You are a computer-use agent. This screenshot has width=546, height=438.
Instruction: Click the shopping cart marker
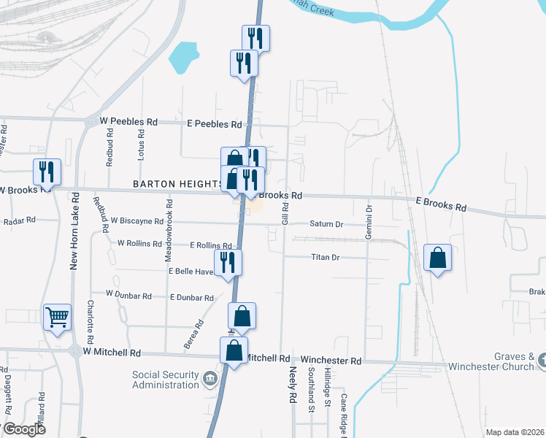point(57,318)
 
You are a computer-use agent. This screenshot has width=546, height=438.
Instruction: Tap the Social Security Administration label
point(165,380)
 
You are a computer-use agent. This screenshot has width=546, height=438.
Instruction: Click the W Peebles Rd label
point(129,121)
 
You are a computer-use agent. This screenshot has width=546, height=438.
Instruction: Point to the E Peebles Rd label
point(214,124)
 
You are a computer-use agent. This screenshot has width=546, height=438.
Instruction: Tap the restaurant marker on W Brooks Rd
point(46,173)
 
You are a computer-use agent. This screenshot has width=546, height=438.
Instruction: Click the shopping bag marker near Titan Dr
point(437,258)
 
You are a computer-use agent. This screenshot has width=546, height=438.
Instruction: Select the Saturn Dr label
point(326,224)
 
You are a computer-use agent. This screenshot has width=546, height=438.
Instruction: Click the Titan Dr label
point(326,257)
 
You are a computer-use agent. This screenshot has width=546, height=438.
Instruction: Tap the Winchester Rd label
point(331,361)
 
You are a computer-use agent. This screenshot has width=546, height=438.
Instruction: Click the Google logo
point(23,429)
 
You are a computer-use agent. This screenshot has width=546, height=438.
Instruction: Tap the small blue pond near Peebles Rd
point(184,57)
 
